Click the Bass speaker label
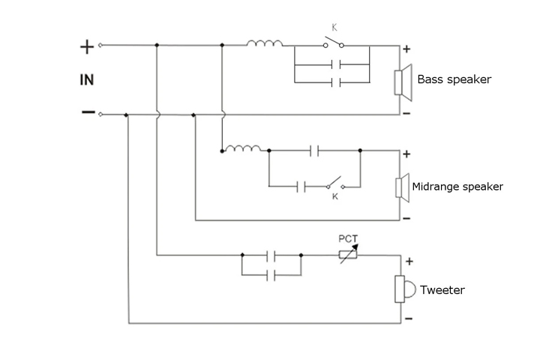(454, 79)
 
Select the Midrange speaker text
(457, 186)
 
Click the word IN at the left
(87, 78)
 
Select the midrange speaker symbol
(403, 186)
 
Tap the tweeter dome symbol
(403, 289)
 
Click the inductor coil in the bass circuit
(265, 44)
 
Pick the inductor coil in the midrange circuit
(243, 148)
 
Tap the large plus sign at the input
(87, 46)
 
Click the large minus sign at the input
(87, 113)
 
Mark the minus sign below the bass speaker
(406, 113)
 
